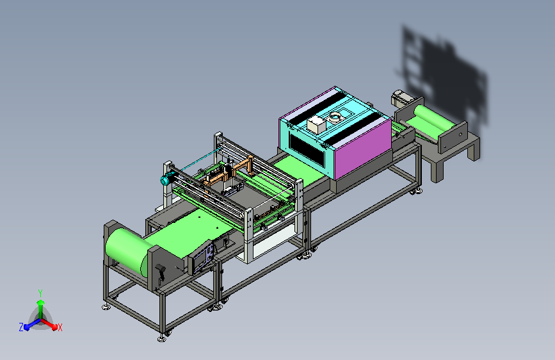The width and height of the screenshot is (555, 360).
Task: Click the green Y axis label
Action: (x=40, y=293)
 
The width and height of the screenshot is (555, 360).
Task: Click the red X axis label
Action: (x=60, y=327)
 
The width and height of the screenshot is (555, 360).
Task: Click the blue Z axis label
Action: (x=21, y=327)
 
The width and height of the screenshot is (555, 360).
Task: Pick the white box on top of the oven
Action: (x=316, y=125)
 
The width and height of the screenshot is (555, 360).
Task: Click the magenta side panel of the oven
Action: (x=362, y=148)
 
